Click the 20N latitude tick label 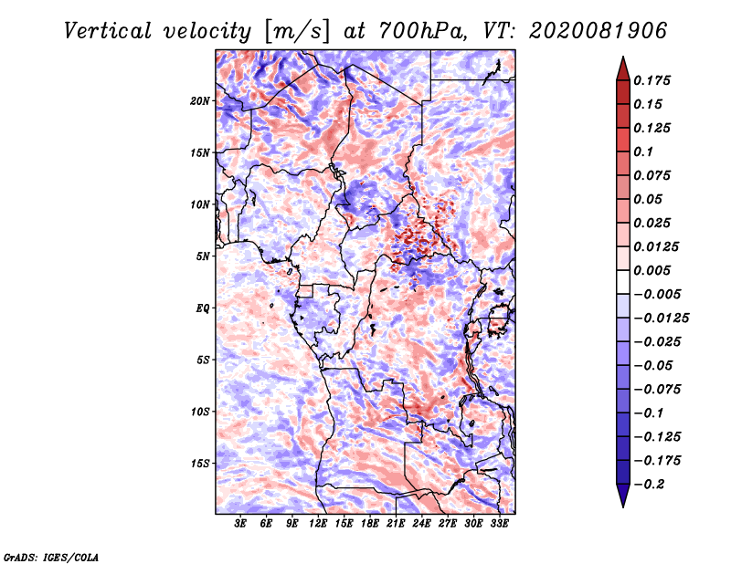point(200,100)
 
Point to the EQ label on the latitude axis point(202,308)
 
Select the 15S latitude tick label point(200,463)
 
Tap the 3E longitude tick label point(241,525)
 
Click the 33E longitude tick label point(499,525)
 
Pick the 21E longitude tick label point(396,525)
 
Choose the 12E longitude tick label point(318,525)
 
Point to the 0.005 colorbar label point(654,270)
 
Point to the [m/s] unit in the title point(293,30)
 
